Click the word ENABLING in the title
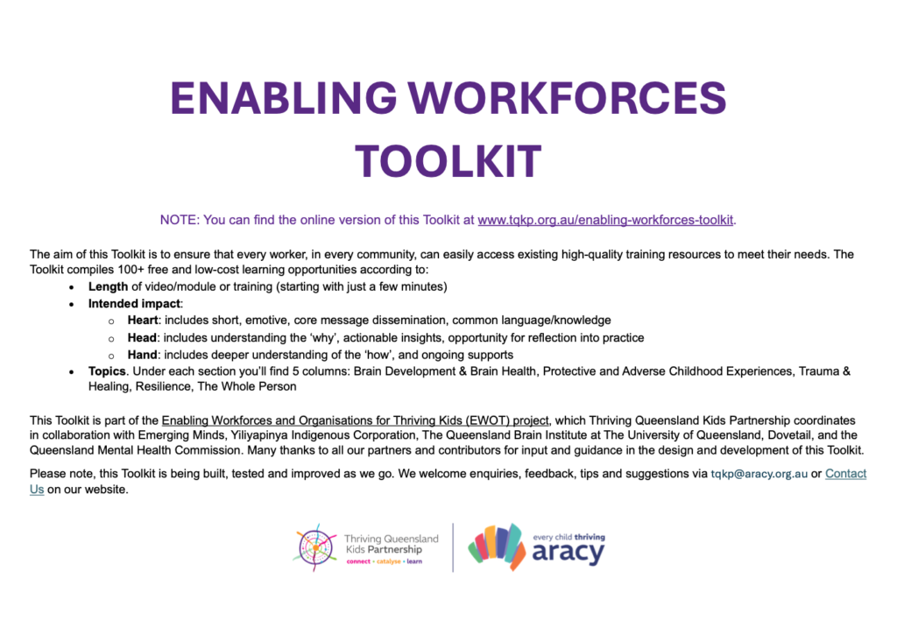pos(284,98)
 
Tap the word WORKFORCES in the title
pos(568,98)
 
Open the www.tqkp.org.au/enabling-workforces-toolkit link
pos(605,220)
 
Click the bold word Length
pos(108,286)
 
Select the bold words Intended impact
pos(134,304)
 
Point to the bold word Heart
pos(143,321)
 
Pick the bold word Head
pos(142,338)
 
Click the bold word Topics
pos(107,371)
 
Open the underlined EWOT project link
pos(356,420)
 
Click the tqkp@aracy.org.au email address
pos(759,474)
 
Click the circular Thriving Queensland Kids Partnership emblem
pos(315,547)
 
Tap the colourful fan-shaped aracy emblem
pos(498,547)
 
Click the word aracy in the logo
pos(568,553)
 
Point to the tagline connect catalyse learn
pos(385,561)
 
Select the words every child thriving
pos(569,537)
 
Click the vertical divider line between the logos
pos(453,547)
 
